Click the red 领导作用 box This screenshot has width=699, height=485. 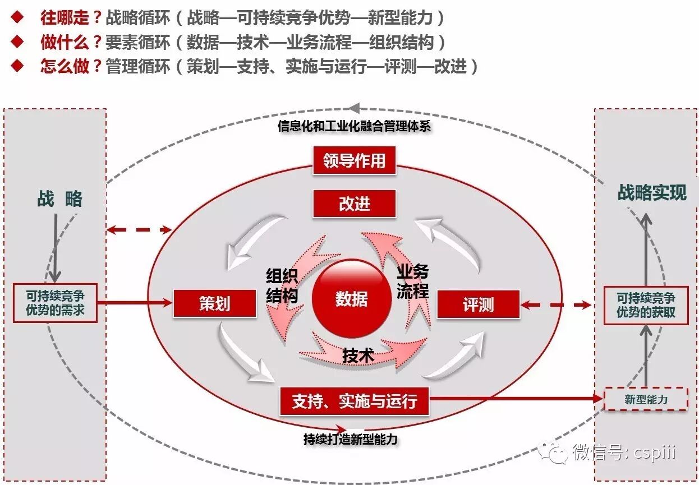point(354,160)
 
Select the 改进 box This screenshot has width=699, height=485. point(354,204)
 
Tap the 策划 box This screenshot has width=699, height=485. point(215,304)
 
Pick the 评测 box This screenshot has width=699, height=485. point(478,305)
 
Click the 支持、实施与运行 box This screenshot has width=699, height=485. point(354,401)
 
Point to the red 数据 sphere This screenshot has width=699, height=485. point(351,299)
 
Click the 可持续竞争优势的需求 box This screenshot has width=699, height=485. point(55,303)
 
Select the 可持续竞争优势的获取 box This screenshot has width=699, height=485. point(646,305)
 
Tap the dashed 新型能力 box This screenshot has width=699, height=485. point(646,399)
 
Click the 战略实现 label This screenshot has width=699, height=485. point(652,193)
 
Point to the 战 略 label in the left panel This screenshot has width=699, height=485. point(59,199)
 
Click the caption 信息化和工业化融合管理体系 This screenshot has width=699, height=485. point(354,126)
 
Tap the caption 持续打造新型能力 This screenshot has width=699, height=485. point(350,439)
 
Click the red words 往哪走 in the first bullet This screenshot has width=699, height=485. point(65,18)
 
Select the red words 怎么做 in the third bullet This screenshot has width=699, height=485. point(65,66)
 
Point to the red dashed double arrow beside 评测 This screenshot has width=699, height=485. point(556,305)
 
